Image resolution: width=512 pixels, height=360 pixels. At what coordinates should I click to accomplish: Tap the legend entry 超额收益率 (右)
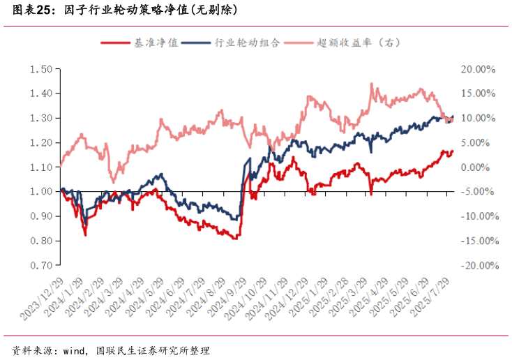(359, 43)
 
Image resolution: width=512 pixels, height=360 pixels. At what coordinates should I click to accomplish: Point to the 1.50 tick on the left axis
(42, 69)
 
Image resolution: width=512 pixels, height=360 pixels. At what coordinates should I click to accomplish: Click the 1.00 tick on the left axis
(42, 192)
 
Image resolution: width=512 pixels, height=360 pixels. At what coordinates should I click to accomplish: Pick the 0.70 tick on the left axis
(42, 265)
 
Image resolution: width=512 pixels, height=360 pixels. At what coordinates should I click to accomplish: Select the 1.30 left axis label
(42, 118)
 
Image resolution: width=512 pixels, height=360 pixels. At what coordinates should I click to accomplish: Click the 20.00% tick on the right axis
(478, 69)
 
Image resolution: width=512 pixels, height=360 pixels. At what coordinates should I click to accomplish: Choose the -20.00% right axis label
(476, 265)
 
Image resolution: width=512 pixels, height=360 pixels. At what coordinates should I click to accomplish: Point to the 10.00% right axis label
(478, 118)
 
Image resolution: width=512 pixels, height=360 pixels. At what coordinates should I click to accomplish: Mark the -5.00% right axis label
(478, 192)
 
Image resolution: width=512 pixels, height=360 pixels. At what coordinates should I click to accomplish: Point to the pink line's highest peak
(371, 84)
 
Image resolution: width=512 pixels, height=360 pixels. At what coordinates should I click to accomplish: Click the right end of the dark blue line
(453, 117)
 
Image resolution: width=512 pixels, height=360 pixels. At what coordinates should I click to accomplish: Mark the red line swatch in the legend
(116, 43)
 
